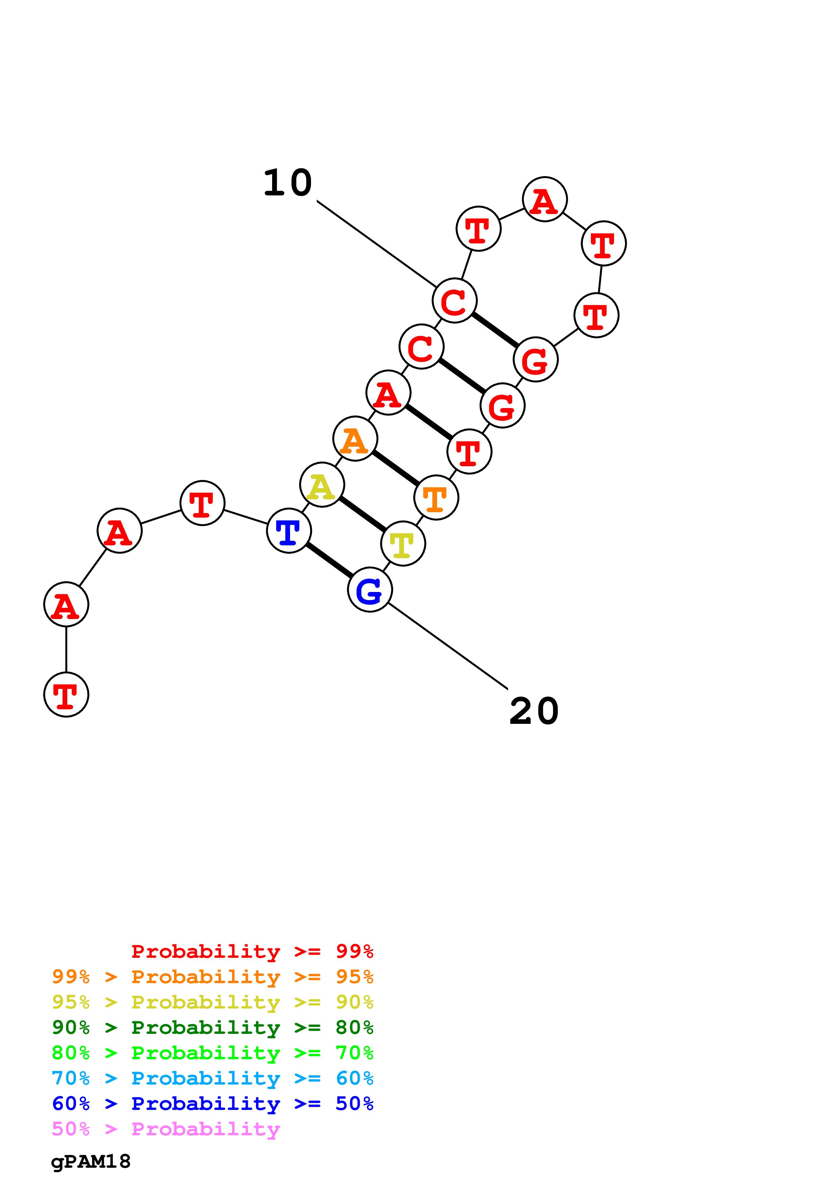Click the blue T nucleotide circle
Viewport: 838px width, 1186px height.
(x=289, y=530)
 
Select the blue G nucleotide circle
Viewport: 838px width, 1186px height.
(x=370, y=589)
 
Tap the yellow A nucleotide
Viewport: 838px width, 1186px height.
(x=322, y=484)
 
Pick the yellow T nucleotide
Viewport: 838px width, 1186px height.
(x=403, y=543)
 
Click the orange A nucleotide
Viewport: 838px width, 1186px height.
(x=355, y=438)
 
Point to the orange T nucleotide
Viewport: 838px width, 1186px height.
(x=436, y=497)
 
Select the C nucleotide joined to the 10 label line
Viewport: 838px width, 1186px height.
(x=454, y=300)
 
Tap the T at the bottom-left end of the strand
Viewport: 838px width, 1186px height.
(x=66, y=694)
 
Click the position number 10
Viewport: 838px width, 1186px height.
(x=288, y=183)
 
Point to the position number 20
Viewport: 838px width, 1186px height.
(x=534, y=711)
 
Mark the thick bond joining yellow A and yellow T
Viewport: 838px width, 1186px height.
(x=362, y=514)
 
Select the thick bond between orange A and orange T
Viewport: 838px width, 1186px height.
(x=396, y=468)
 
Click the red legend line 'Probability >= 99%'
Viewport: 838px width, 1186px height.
(x=252, y=951)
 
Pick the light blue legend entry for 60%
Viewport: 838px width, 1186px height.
(x=212, y=1078)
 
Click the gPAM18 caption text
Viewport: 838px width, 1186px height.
(x=91, y=1162)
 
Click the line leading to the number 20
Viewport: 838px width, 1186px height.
(x=448, y=646)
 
